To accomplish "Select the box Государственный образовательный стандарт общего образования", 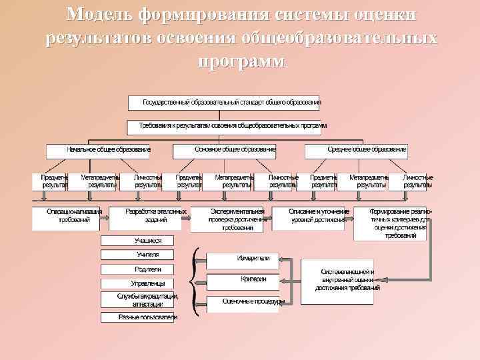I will click(224, 103).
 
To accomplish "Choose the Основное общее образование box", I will click(224, 150).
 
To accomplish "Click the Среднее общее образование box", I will click(357, 150).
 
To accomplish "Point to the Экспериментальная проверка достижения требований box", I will click(230, 219).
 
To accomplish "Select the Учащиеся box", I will click(137, 240).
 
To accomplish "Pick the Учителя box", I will click(137, 255).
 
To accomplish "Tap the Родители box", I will click(137, 269).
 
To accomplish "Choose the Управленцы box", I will click(137, 283).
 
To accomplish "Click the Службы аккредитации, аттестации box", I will click(137, 299).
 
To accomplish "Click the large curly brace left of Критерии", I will click(195, 281).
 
